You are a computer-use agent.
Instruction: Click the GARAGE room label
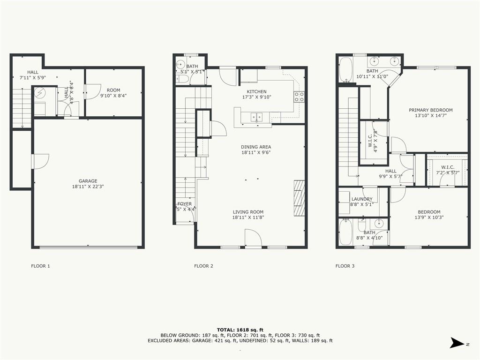(x=88, y=181)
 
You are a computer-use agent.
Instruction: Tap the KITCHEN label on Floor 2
(x=256, y=91)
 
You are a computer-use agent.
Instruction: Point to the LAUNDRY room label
(x=362, y=199)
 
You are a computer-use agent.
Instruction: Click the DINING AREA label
(x=256, y=147)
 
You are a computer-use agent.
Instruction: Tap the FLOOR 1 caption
(x=40, y=266)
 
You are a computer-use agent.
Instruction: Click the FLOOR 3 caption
(x=345, y=266)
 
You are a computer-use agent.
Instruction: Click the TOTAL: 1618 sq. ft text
(x=240, y=330)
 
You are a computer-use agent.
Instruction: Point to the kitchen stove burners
(x=299, y=97)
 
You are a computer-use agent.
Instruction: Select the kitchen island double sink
(x=256, y=117)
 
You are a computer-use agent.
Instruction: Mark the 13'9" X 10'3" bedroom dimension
(x=429, y=217)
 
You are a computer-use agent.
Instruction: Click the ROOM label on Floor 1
(x=113, y=90)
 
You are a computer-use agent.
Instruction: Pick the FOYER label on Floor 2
(x=184, y=204)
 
